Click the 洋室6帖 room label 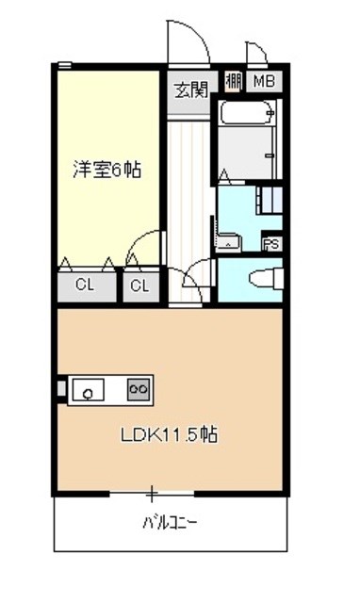107,171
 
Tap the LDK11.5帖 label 170,435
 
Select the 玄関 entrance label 189,90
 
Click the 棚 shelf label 233,82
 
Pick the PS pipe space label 271,243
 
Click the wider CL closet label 85,285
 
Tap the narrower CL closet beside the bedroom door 139,285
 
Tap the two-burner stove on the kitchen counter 138,387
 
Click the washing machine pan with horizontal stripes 270,200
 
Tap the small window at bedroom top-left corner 64,65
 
